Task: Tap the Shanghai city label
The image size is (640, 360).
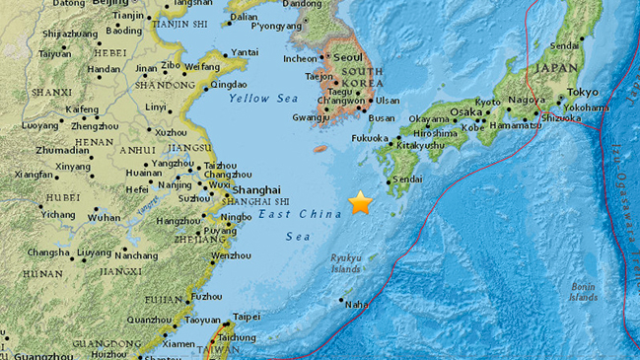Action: (255, 189)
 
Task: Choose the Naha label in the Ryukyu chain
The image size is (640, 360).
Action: (356, 306)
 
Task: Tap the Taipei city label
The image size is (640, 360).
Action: (246, 317)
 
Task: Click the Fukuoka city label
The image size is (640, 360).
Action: (371, 139)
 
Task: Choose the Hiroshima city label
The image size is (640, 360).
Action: (434, 133)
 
